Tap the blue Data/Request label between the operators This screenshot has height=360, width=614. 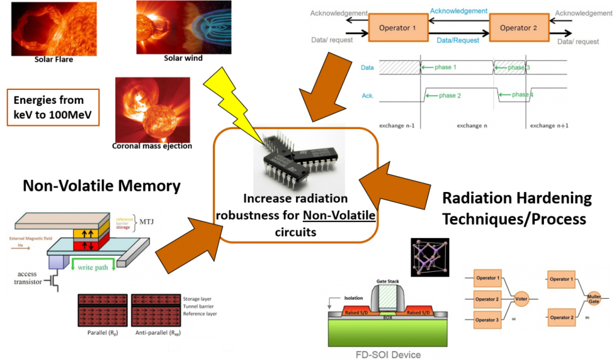click(458, 41)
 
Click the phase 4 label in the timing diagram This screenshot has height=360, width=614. click(520, 95)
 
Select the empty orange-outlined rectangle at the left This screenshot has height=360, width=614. click(53, 107)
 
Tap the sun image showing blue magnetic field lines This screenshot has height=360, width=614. click(183, 28)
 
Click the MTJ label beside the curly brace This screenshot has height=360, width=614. click(146, 222)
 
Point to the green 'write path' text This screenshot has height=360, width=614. click(93, 267)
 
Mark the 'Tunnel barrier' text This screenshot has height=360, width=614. click(199, 306)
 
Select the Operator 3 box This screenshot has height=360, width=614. click(486, 320)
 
